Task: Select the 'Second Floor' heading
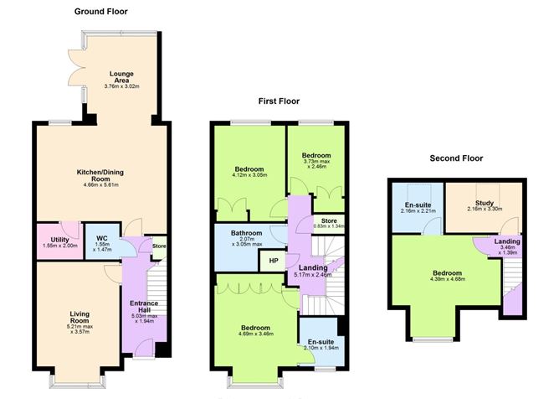pos(455,158)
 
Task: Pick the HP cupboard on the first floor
pos(273,261)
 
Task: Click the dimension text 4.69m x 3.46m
pos(256,334)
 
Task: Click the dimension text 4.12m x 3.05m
pos(249,176)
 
